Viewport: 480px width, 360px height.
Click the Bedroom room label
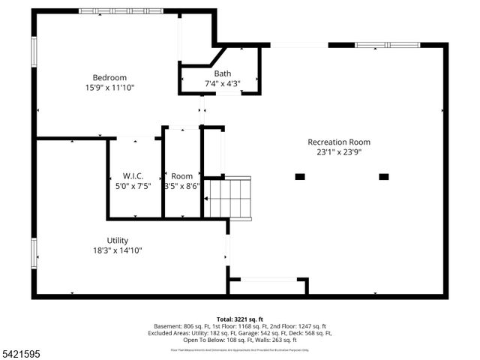pyautogui.click(x=109, y=77)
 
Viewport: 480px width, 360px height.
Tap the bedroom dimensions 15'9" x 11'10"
pyautogui.click(x=109, y=88)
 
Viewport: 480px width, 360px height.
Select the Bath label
pyautogui.click(x=222, y=73)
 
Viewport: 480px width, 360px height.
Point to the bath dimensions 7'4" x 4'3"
pyautogui.click(x=222, y=83)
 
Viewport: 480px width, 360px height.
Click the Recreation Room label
pyautogui.click(x=338, y=142)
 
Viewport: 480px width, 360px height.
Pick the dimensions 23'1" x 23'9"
pyautogui.click(x=338, y=152)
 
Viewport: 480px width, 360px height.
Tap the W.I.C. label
pyautogui.click(x=133, y=176)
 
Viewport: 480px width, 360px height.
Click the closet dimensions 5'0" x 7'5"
pyautogui.click(x=133, y=187)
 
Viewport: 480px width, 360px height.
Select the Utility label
pyautogui.click(x=118, y=240)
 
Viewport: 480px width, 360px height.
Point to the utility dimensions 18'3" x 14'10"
pyautogui.click(x=118, y=250)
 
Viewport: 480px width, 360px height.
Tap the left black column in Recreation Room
pyautogui.click(x=300, y=177)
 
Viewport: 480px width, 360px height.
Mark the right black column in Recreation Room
pyautogui.click(x=384, y=177)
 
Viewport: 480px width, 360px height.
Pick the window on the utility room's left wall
pyautogui.click(x=34, y=252)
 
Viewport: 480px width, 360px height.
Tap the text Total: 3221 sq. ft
pyautogui.click(x=240, y=319)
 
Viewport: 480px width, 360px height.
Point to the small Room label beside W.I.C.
pyautogui.click(x=181, y=176)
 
